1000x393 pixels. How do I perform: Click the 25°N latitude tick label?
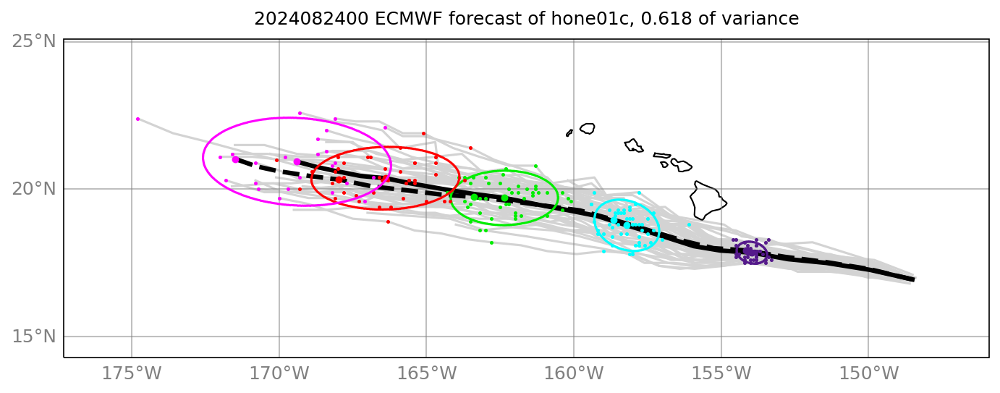click(34, 41)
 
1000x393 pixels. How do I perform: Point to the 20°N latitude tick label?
click(34, 189)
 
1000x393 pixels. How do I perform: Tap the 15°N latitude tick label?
click(34, 337)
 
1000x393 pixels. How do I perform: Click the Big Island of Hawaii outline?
click(707, 200)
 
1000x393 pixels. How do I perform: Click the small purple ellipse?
click(752, 253)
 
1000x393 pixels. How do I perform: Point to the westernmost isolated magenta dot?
click(137, 119)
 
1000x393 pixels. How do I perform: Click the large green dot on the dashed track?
click(474, 197)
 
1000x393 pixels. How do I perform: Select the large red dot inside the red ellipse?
click(339, 179)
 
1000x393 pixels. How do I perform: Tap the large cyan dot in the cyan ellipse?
click(627, 225)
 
